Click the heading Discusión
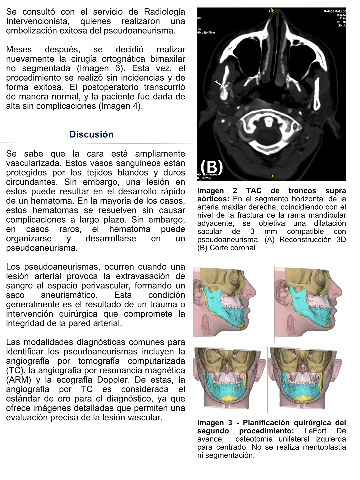tap(91, 134)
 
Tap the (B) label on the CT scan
tap(211, 167)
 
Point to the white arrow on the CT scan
tap(220, 84)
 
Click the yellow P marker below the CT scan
tap(272, 176)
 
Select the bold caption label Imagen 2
tap(217, 191)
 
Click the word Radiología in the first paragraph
tap(164, 12)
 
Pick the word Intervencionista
tap(38, 21)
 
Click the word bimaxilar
tap(168, 59)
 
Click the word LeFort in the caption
tap(315, 431)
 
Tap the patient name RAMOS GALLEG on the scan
tap(335, 11)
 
